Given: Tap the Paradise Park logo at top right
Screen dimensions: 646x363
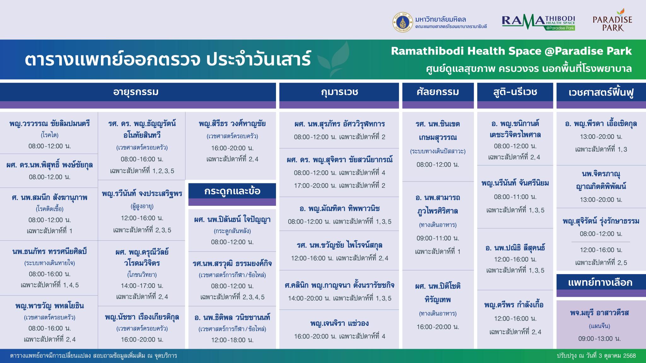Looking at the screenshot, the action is point(612,20).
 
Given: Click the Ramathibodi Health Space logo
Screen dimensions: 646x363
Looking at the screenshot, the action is point(538,22).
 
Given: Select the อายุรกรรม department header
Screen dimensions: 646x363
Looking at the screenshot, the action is point(136,92).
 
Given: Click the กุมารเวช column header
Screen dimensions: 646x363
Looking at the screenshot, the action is point(339,92).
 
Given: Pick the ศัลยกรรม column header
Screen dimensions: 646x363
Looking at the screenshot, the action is point(438,92).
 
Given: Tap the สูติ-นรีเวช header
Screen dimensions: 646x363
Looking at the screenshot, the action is point(515,92).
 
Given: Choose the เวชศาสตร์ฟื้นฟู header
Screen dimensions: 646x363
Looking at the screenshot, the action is point(601,92).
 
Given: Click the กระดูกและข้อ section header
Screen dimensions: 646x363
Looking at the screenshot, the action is point(232,191).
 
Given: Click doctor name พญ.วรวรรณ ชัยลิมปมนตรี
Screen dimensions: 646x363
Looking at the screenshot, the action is point(50,124).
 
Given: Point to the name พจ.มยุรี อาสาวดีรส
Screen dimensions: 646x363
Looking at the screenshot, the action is point(600,313).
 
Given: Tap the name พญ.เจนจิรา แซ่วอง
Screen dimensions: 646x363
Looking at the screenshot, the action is point(339,323).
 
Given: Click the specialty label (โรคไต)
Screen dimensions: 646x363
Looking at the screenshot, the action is point(50,135).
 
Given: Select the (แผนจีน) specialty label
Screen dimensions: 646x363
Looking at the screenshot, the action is point(600,326).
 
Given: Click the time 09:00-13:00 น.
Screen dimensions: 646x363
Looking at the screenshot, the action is point(600,339).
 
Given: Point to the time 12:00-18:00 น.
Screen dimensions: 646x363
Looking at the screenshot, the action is point(232,340).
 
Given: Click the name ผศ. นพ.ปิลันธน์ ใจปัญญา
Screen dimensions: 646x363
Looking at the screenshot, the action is point(232,220).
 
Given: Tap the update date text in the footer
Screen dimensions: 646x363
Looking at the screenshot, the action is point(596,356).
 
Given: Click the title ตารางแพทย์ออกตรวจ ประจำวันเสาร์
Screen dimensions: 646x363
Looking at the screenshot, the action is point(168,60).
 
